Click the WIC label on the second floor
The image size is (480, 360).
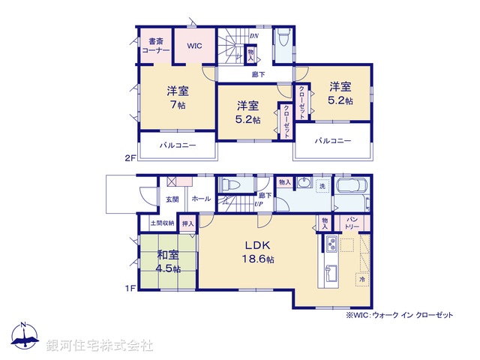pyautogui.click(x=195, y=46)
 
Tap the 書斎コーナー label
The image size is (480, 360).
pyautogui.click(x=157, y=45)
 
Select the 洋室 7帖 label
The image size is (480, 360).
pyautogui.click(x=178, y=97)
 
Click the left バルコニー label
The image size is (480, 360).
pyautogui.click(x=178, y=145)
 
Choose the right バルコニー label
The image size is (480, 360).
pyautogui.click(x=333, y=140)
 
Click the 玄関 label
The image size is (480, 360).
pyautogui.click(x=172, y=199)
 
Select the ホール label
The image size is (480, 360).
pyautogui.click(x=200, y=199)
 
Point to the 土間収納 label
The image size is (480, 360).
pyautogui.click(x=162, y=223)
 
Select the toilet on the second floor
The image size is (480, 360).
pyautogui.click(x=283, y=39)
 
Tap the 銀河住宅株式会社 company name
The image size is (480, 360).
pyautogui.click(x=100, y=346)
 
